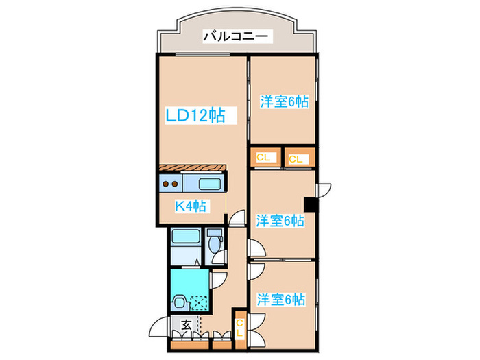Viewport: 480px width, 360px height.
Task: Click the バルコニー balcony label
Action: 238,36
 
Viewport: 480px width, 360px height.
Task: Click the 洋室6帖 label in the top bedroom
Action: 283,102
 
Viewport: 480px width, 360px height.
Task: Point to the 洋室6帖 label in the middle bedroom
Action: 280,221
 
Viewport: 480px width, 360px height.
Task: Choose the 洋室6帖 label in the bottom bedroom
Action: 281,299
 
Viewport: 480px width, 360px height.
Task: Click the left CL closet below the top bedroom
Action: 264,158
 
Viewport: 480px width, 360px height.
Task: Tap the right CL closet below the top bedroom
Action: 296,159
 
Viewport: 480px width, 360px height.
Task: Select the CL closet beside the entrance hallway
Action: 240,328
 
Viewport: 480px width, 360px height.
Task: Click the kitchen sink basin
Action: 209,183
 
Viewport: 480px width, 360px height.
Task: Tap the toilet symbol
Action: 214,243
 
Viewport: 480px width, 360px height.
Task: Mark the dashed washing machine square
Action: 199,302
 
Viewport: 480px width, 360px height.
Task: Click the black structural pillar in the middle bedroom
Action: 311,204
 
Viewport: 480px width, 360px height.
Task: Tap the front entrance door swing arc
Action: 159,328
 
